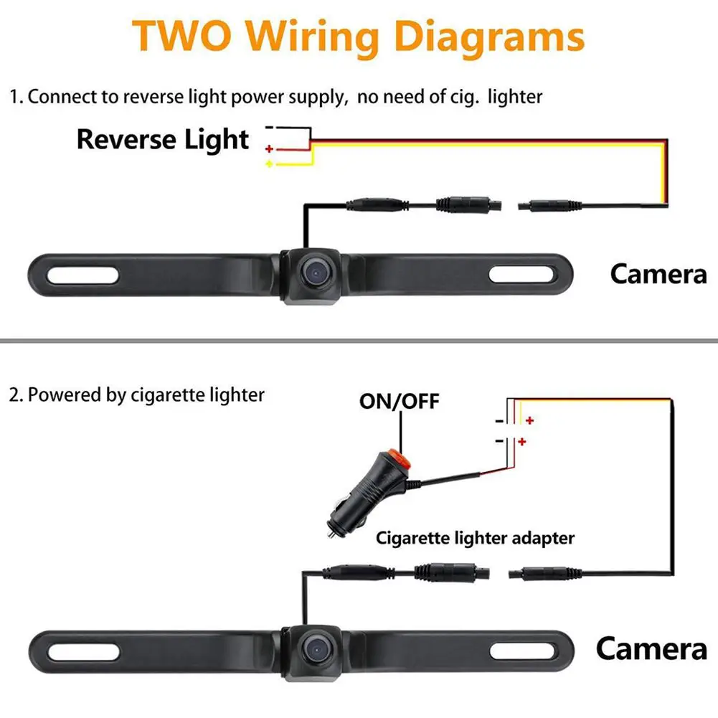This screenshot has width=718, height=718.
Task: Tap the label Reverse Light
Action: point(163,139)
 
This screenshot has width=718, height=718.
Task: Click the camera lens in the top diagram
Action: point(313,270)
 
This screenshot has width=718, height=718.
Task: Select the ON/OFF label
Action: point(399,401)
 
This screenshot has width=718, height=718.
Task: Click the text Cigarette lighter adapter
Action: point(476,537)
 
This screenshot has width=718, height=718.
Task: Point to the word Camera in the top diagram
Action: point(658,273)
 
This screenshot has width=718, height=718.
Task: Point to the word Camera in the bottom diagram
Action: point(651,648)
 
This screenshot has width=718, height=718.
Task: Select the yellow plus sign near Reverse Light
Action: point(269,164)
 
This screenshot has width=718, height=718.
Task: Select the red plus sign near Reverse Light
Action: point(269,149)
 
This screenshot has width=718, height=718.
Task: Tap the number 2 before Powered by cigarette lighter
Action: point(14,395)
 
